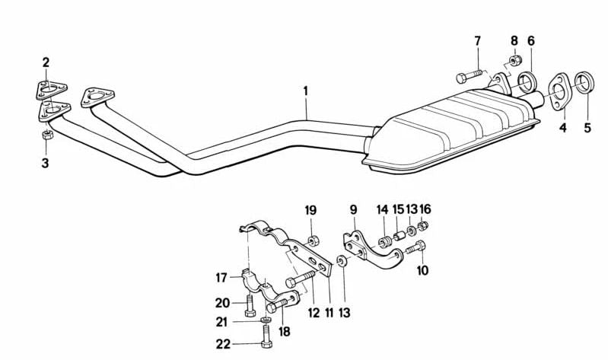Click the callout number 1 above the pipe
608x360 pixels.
pyautogui.click(x=305, y=91)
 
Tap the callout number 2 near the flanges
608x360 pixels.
pyautogui.click(x=46, y=62)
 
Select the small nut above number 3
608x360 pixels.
pyautogui.click(x=45, y=135)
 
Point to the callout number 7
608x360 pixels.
pyautogui.click(x=478, y=40)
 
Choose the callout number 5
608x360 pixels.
pyautogui.click(x=587, y=128)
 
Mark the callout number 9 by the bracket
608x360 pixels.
pyautogui.click(x=353, y=209)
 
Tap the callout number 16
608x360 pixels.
pyautogui.click(x=425, y=209)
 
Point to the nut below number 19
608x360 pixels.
pyautogui.click(x=312, y=242)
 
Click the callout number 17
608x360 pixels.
pyautogui.click(x=221, y=276)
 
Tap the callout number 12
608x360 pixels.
pyautogui.click(x=313, y=312)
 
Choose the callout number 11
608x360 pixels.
pyautogui.click(x=329, y=312)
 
